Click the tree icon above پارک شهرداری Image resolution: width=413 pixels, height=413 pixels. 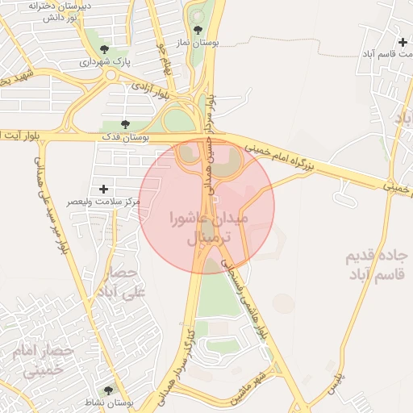[102, 50]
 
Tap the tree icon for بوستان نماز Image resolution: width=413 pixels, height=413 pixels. [198, 30]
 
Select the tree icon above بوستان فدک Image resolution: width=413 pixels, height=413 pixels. [124, 124]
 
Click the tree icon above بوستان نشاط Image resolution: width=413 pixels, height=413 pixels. [108, 390]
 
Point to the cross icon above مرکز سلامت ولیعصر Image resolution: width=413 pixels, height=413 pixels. [103, 188]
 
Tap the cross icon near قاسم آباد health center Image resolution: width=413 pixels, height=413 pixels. [403, 42]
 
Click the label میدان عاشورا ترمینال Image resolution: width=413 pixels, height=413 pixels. [209, 228]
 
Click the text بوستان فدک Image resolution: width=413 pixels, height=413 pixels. [123, 138]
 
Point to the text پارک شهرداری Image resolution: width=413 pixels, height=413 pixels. [106, 62]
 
